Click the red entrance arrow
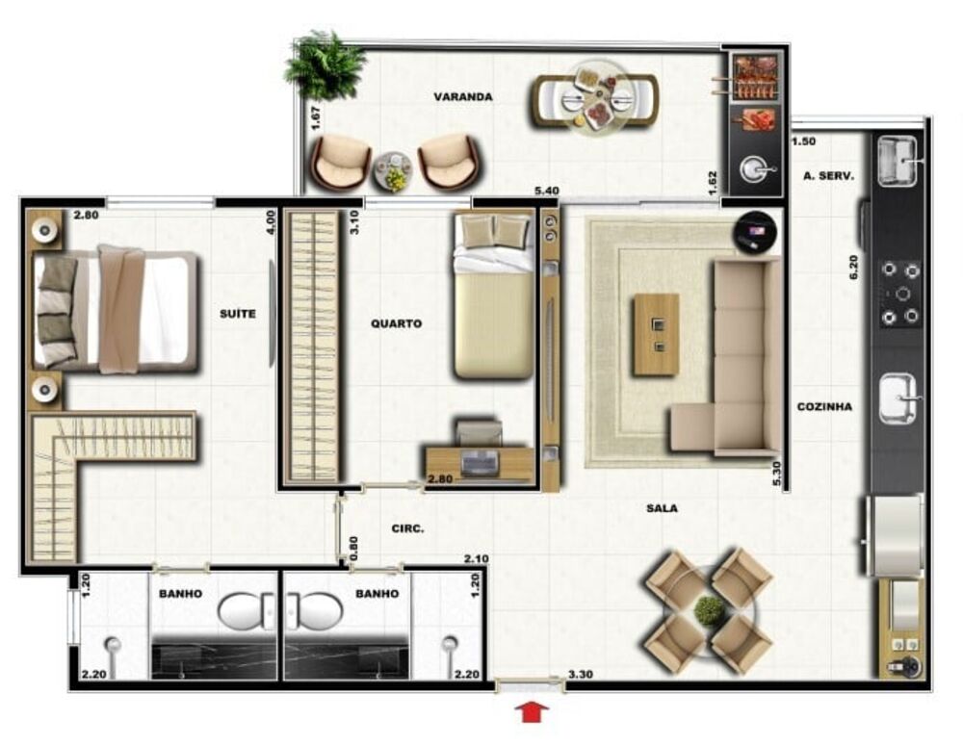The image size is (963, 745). (x=532, y=712)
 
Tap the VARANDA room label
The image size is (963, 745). (x=463, y=97)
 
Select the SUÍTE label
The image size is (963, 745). (x=238, y=314)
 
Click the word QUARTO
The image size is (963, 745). (x=396, y=323)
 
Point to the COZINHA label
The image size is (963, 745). (x=824, y=406)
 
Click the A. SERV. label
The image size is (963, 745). (x=828, y=175)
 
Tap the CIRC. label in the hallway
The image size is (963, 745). (x=407, y=528)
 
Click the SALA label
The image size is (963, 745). (x=663, y=508)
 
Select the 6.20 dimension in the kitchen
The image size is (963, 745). (x=853, y=267)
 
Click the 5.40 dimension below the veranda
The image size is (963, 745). (x=547, y=191)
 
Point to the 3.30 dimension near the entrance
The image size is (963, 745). (x=581, y=675)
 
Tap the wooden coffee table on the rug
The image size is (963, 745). (x=657, y=334)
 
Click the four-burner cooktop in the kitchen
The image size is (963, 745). (x=901, y=294)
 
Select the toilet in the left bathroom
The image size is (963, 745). (x=247, y=611)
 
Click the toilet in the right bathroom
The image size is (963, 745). (x=314, y=611)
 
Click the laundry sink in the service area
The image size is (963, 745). (x=898, y=161)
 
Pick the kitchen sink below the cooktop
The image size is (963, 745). (x=899, y=398)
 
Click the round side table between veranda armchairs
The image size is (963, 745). (x=393, y=170)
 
